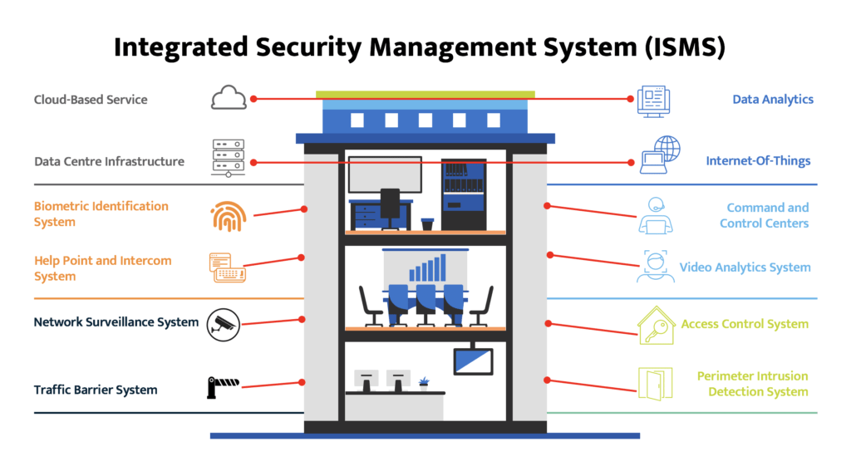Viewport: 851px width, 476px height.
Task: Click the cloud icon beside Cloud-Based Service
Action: click(x=229, y=99)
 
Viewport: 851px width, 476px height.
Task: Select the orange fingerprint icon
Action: click(x=228, y=217)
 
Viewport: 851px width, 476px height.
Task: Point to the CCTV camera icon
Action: click(x=224, y=322)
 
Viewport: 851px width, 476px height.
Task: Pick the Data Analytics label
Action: click(x=772, y=100)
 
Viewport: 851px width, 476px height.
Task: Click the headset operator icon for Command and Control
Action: click(x=655, y=216)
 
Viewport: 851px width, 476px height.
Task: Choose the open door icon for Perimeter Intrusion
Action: click(x=654, y=383)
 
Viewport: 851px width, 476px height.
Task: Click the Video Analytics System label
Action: click(x=745, y=267)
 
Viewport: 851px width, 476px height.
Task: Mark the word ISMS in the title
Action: click(x=678, y=47)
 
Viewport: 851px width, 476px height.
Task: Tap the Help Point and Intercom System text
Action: click(x=103, y=268)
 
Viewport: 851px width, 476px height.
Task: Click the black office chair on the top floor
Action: click(x=390, y=207)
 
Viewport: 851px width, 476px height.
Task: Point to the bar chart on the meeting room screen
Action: click(x=426, y=268)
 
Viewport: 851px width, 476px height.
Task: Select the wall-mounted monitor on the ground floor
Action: click(x=473, y=361)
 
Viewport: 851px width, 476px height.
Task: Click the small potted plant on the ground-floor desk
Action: click(x=425, y=382)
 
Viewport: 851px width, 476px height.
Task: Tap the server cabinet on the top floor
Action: click(x=463, y=194)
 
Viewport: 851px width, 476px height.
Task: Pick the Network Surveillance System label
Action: click(x=116, y=322)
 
